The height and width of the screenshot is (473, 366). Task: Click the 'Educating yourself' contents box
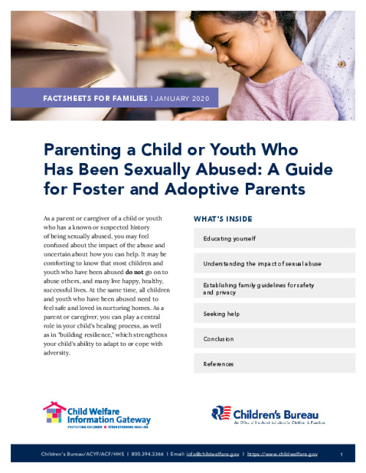tap(274, 238)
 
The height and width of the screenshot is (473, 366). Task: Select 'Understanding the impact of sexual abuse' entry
tap(274, 263)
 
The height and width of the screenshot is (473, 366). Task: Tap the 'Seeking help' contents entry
tap(274, 314)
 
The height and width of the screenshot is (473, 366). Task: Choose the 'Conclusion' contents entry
tap(274, 339)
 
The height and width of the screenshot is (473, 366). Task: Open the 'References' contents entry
tap(274, 364)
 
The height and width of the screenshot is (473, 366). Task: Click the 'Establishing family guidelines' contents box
tap(274, 288)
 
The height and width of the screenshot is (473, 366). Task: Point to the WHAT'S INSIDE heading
tap(223, 219)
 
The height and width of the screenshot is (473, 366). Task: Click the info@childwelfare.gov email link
tap(213, 455)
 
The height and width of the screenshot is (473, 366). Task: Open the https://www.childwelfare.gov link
tap(283, 455)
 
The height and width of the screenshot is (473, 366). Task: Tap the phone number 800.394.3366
tap(149, 455)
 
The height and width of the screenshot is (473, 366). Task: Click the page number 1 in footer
tap(342, 455)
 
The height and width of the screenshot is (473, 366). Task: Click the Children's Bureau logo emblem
tap(221, 414)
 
